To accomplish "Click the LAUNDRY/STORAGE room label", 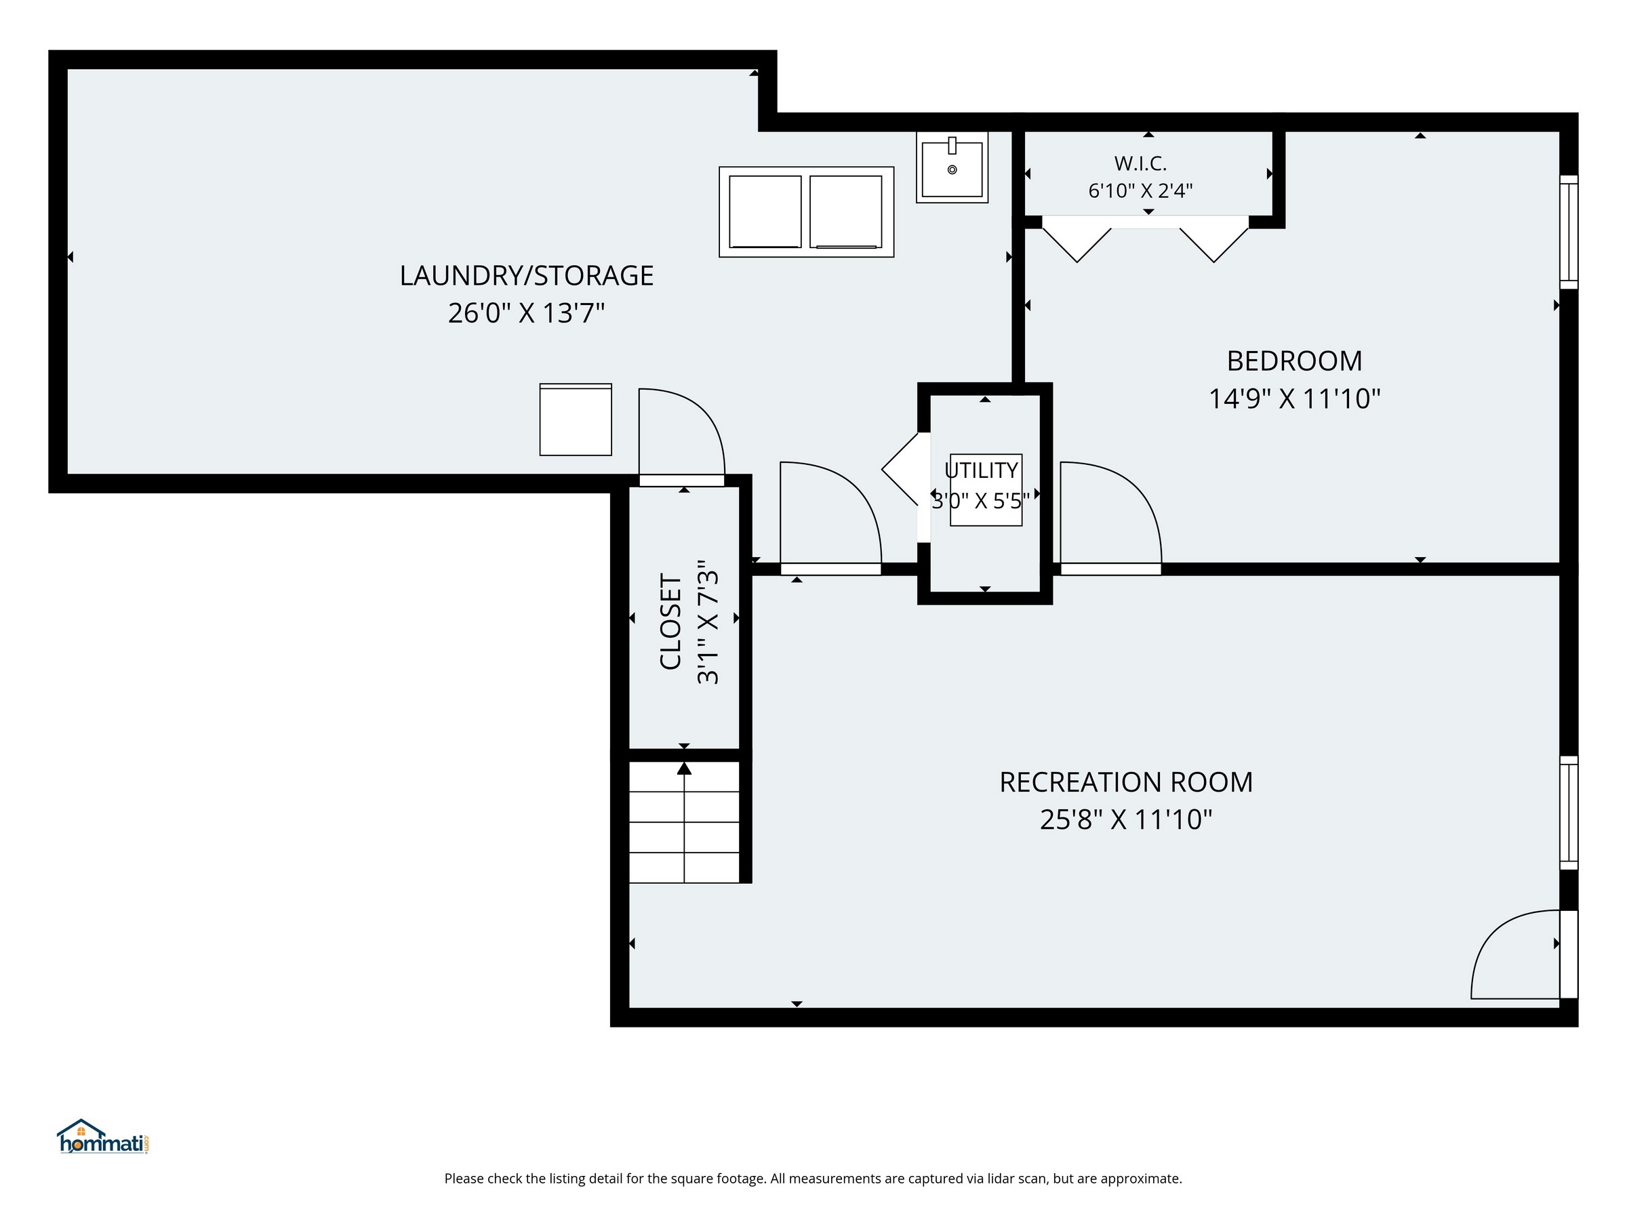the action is [x=527, y=276].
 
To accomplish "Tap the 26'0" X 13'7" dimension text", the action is [x=527, y=313].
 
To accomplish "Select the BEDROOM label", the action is [x=1295, y=361].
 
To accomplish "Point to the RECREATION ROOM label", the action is [x=1126, y=781].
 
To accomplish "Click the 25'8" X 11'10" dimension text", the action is [x=1126, y=819].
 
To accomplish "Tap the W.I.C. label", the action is [x=1140, y=163].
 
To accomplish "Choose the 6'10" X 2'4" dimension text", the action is [x=1140, y=191].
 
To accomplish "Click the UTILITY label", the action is [x=981, y=470].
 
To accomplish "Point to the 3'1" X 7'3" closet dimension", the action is [x=708, y=622].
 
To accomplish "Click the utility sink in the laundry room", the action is [x=952, y=167].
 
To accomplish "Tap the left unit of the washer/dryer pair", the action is [x=765, y=211].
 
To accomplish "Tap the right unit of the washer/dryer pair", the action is [x=846, y=211].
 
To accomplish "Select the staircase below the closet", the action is [x=684, y=822].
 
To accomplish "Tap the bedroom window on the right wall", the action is [x=1569, y=232].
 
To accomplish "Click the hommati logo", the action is [x=104, y=1137].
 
